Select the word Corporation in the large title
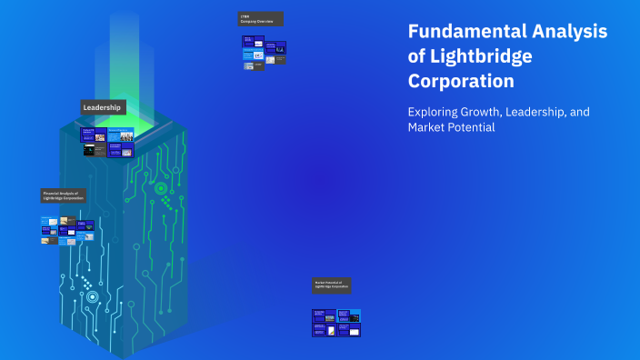tap(461, 80)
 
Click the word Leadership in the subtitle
tap(532, 112)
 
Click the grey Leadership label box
tap(103, 107)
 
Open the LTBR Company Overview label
tap(260, 19)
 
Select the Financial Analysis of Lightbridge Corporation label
tap(63, 195)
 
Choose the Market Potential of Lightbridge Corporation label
tap(331, 285)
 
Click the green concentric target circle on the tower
tap(161, 189)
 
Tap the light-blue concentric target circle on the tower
tap(92, 296)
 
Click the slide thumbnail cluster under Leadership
tap(107, 142)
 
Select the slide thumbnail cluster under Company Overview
tap(264, 52)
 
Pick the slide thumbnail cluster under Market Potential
tap(336, 323)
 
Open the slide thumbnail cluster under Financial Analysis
tap(65, 230)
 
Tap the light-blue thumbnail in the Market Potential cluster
tap(355, 315)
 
